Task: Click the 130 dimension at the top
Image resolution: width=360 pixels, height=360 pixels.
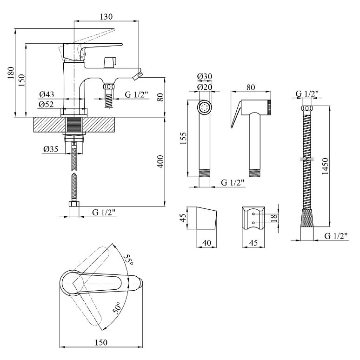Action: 107,17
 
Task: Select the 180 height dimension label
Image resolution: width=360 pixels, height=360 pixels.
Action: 11,73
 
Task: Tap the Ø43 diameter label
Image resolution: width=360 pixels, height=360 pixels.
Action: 47,94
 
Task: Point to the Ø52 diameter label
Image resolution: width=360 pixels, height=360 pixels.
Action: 46,105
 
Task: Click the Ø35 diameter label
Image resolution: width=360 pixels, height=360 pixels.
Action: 51,149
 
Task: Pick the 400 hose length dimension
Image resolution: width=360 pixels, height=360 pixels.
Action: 161,161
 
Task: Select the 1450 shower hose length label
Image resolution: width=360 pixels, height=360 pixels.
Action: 325,166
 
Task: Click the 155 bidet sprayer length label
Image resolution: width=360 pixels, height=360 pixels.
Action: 183,138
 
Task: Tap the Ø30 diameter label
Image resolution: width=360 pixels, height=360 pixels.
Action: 205,76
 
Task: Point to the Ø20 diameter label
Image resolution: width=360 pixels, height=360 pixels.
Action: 205,87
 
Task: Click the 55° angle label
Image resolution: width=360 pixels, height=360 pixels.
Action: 128,260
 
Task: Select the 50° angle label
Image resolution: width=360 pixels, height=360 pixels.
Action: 117,308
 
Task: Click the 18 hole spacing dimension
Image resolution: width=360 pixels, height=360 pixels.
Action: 274,218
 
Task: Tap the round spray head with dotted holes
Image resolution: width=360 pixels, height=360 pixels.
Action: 204,107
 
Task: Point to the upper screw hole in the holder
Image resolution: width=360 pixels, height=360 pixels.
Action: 253,214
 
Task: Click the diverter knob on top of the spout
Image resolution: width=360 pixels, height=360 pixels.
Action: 110,62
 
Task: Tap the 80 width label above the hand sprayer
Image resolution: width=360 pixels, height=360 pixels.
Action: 251,87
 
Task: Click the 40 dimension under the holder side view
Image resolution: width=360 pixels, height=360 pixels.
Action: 207,243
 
